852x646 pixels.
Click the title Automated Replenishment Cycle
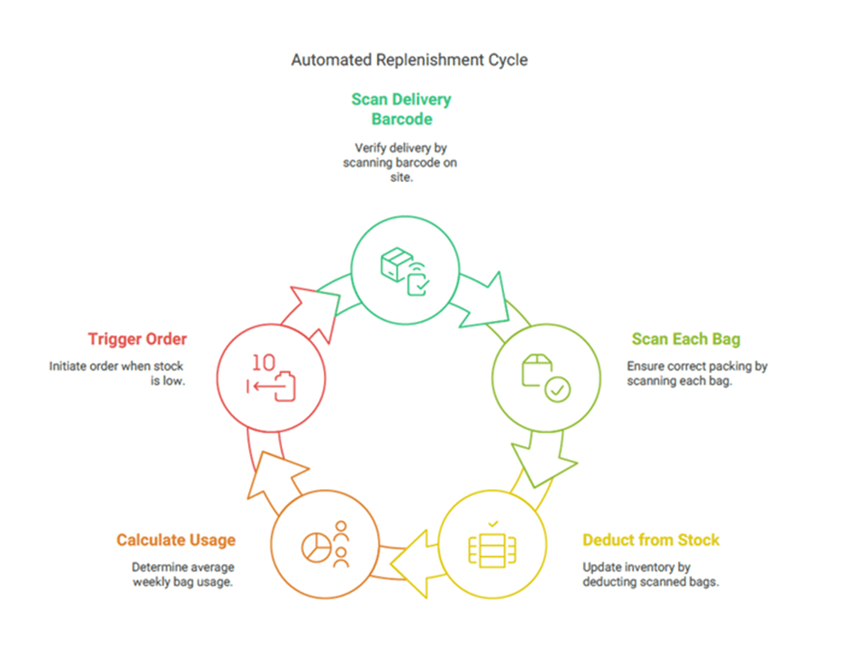click(409, 60)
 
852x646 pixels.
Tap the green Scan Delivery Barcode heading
click(400, 109)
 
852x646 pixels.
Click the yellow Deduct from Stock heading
click(651, 541)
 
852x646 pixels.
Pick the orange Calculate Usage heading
click(176, 541)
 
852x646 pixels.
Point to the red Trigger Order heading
click(137, 340)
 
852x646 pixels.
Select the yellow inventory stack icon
click(491, 547)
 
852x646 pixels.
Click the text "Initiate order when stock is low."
click(117, 375)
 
